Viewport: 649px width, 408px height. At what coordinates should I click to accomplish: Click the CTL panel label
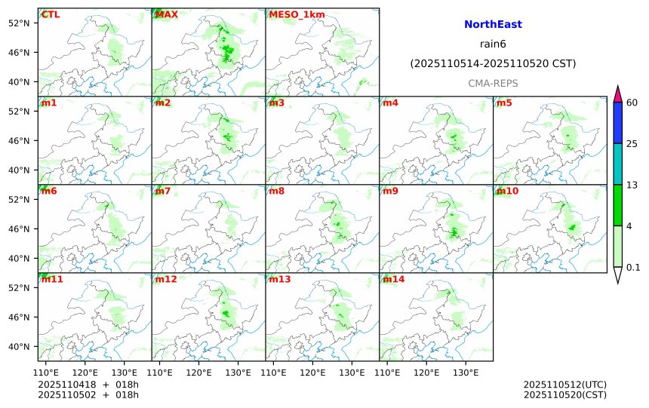(50, 14)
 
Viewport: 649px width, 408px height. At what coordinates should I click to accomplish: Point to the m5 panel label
(504, 103)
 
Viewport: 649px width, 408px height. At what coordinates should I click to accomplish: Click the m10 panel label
(507, 191)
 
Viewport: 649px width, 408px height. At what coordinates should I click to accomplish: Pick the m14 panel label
(394, 279)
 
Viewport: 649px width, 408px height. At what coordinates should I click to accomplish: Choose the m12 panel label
(166, 279)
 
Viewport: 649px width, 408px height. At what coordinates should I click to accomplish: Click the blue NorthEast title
(493, 25)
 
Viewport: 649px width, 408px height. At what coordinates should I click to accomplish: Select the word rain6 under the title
(493, 44)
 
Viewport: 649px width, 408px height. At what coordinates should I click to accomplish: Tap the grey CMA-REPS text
(493, 83)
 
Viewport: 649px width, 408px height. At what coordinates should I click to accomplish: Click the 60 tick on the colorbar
(633, 103)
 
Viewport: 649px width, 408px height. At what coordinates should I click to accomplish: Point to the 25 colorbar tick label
(633, 144)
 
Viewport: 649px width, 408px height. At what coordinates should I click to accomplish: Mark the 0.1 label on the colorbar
(634, 267)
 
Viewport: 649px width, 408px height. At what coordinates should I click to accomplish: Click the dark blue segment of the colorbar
(618, 123)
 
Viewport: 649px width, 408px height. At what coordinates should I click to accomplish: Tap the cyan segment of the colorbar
(618, 164)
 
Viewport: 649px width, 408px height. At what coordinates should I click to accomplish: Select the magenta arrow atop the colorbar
(618, 94)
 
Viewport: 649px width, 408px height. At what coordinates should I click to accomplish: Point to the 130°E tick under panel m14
(466, 373)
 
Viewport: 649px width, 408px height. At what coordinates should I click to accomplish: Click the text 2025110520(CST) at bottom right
(564, 394)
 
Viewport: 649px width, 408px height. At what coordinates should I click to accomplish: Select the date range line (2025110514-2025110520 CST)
(493, 64)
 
